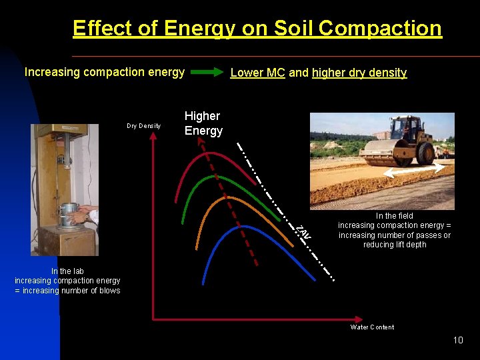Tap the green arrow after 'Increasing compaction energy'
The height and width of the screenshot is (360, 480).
[207, 73]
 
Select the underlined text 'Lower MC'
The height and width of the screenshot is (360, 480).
[257, 73]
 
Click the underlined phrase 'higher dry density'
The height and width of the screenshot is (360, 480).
[359, 73]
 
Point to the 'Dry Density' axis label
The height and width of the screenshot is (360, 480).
[143, 126]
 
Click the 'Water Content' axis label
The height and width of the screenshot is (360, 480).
[372, 327]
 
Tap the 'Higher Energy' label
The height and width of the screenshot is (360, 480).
[203, 123]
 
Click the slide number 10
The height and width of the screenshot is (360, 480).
[457, 341]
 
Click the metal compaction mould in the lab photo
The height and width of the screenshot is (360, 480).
[68, 215]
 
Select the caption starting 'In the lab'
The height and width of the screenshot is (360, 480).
[67, 281]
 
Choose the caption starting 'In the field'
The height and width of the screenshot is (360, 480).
[394, 230]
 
